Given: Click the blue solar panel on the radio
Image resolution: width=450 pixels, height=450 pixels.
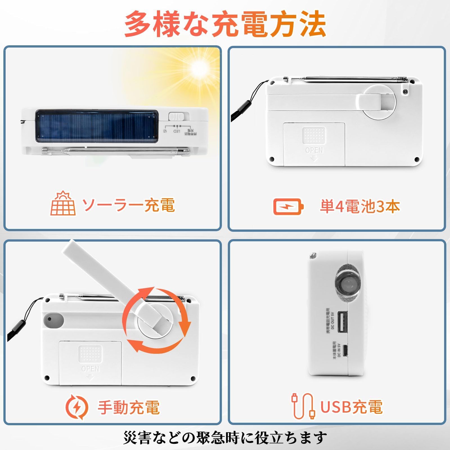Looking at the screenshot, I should tap(96, 126).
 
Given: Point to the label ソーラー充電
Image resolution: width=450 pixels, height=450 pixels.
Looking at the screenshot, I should tap(129, 205).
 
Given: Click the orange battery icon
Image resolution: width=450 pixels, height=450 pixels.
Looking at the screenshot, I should tap(289, 206).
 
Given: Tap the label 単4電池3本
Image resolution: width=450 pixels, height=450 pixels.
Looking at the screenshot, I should tap(360, 206).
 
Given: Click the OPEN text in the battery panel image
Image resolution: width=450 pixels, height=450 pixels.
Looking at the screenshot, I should tap(314, 150).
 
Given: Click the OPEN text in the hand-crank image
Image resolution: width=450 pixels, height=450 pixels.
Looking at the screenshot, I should tap(90, 369).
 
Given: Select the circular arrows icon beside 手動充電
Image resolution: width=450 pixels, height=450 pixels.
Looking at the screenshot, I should tap(77, 407).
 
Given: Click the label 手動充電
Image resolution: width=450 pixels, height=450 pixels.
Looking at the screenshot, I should tap(129, 407).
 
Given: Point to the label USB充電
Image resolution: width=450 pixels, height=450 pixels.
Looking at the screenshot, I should tap(352, 407).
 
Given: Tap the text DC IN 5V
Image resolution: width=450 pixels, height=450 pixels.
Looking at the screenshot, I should tap(339, 350).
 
